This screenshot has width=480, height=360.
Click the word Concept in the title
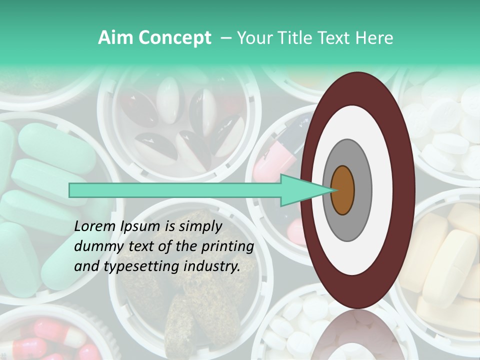click(x=174, y=38)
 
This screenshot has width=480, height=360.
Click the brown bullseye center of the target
click(x=343, y=190)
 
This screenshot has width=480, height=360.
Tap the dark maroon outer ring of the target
click(x=357, y=88)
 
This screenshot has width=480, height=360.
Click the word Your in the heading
click(x=252, y=38)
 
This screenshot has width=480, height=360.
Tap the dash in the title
click(x=225, y=38)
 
